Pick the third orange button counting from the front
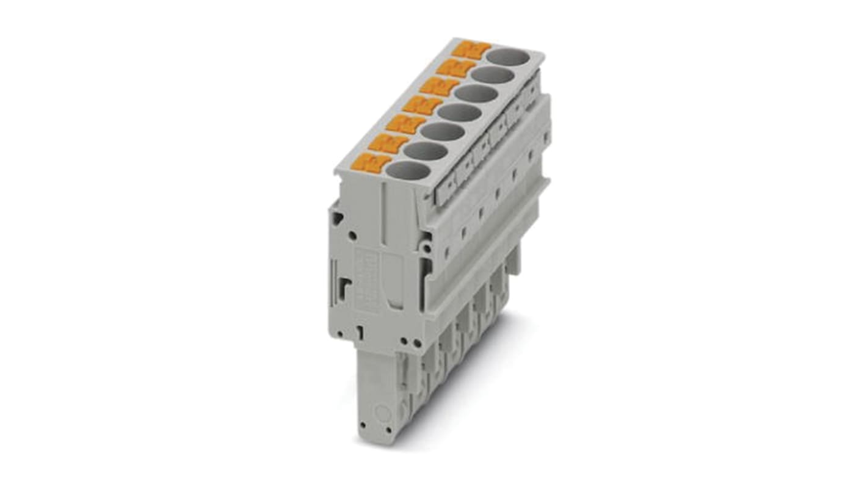coord(405,124)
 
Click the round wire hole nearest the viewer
coord(408,170)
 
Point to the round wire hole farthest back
coord(509,57)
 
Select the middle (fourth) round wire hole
coord(459,112)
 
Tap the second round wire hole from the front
coord(426,151)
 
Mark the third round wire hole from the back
coord(476,94)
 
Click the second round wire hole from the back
coord(492,76)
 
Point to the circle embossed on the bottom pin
coord(383,414)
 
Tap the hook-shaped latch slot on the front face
coord(345,286)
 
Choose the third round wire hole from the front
coord(442,132)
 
